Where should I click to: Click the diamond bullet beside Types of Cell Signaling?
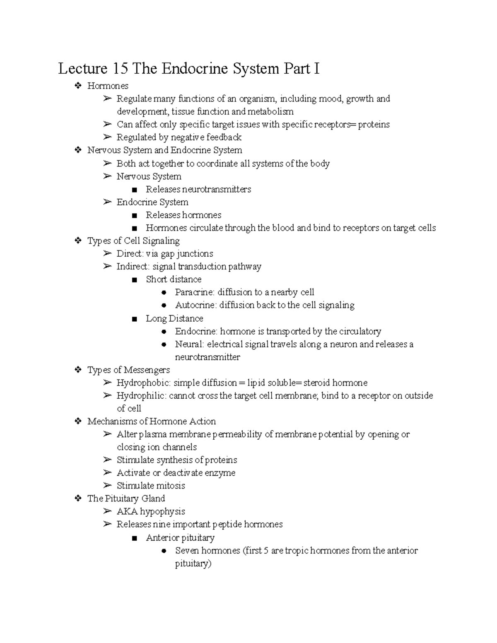78,241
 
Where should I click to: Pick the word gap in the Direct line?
167,254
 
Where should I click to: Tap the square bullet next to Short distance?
134,280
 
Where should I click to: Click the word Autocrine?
195,305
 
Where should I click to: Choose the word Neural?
188,344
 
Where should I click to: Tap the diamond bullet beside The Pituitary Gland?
78,499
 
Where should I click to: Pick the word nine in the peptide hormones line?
162,524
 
